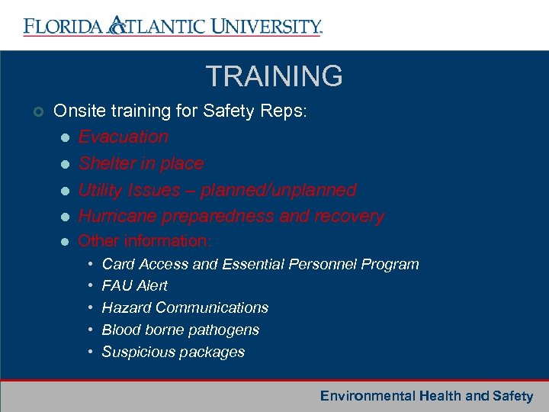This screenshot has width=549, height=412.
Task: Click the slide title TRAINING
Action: point(274,76)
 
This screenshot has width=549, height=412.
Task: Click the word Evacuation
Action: point(123,137)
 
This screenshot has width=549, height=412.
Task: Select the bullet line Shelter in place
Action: point(141,163)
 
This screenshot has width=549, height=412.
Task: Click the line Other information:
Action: point(144,241)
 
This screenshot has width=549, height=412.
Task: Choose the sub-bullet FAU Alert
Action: point(134,286)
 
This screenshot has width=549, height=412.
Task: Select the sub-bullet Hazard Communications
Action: point(185,308)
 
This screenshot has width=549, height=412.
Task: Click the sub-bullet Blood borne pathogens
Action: point(180,330)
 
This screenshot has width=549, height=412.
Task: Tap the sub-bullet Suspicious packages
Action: point(173,352)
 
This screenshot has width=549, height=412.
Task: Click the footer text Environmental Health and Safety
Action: point(426,396)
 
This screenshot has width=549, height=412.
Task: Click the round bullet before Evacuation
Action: point(65,138)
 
